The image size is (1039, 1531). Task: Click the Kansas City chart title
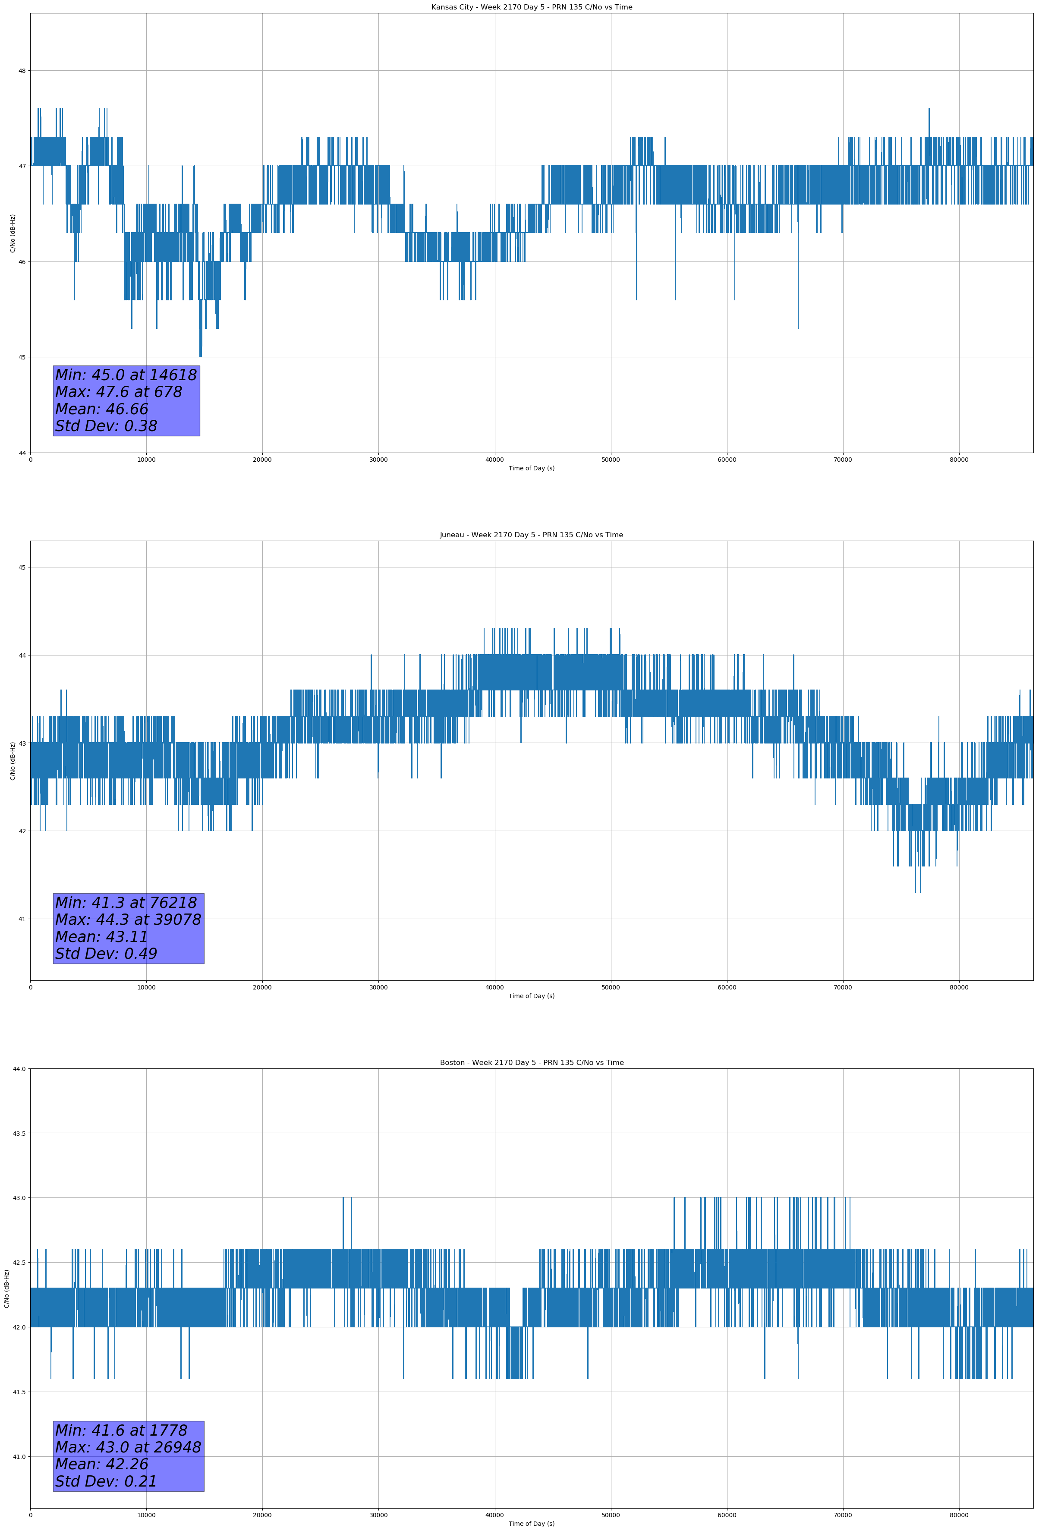(x=531, y=7)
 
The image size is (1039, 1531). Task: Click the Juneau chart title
(x=531, y=535)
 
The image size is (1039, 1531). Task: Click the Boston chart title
(x=531, y=1063)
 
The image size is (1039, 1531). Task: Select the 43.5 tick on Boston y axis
(x=19, y=1133)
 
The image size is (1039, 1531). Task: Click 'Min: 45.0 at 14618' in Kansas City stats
(x=126, y=375)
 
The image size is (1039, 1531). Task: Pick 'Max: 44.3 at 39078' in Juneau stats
(x=128, y=920)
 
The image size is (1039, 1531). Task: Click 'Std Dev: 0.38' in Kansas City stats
(x=106, y=426)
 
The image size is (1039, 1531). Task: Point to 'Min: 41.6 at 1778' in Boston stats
(x=121, y=1430)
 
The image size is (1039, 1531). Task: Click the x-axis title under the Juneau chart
(x=531, y=996)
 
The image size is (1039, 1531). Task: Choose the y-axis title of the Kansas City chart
(x=13, y=233)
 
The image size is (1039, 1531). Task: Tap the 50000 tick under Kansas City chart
(x=611, y=460)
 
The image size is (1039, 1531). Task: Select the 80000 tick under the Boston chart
(x=959, y=1515)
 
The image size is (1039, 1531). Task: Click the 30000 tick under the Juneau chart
(x=378, y=987)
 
